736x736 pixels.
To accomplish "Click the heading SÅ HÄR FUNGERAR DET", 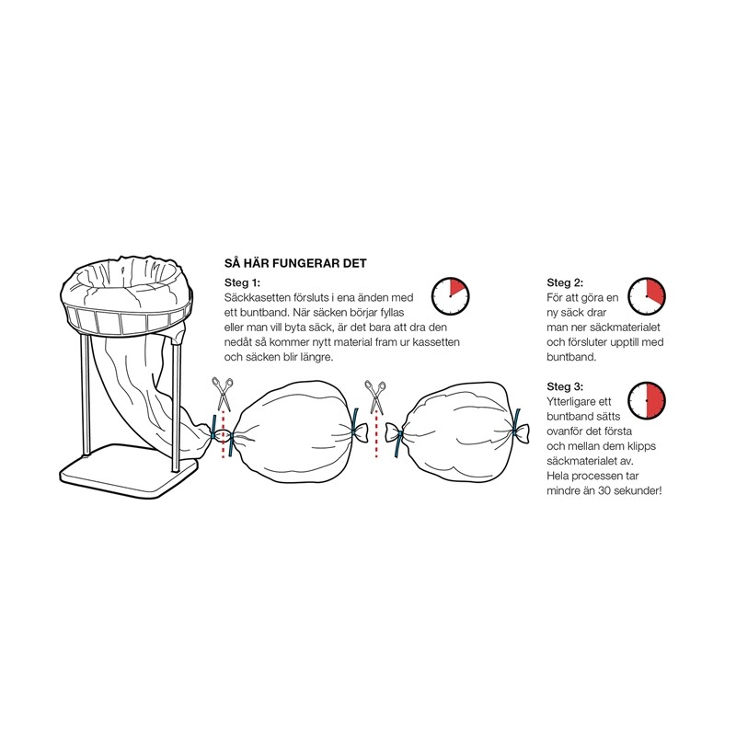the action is point(295,263).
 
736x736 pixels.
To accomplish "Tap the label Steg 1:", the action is point(242,282).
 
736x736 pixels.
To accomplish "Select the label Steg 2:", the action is point(565,282).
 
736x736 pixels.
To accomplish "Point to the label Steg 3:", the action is point(565,386).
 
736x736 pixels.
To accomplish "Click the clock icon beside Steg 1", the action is point(450,296).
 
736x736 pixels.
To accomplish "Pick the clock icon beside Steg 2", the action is point(647,296).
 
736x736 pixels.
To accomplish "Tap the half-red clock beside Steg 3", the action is point(647,400).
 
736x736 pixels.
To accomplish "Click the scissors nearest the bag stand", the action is point(223,394).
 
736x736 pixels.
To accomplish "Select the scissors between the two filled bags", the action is point(375,397).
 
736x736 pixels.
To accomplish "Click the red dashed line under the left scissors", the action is point(223,434).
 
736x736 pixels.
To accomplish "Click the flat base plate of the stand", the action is point(129,470).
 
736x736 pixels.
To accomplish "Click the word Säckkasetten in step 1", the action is point(258,297).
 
